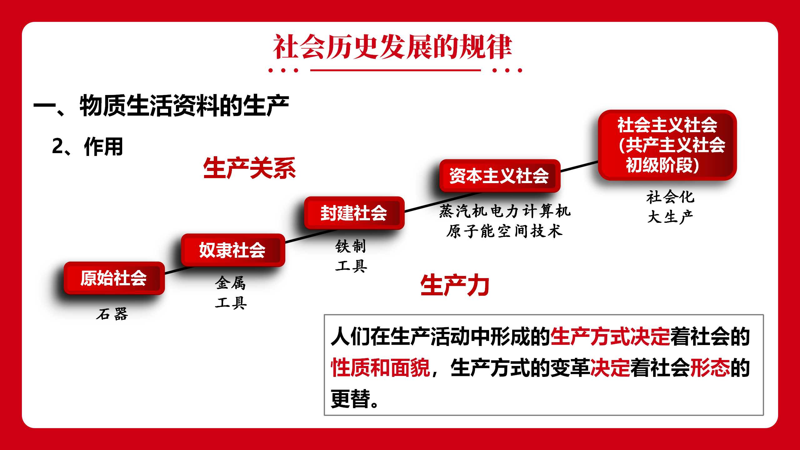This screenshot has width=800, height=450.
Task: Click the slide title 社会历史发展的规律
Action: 392,47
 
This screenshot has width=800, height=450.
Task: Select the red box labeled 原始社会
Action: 114,278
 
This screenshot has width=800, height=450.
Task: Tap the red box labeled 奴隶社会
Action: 233,250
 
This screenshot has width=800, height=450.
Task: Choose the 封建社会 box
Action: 354,213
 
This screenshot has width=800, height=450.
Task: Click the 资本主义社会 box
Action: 500,176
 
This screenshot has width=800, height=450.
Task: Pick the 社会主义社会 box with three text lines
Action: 667,145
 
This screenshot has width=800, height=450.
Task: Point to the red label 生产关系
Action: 249,168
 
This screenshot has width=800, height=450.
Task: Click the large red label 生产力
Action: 455,285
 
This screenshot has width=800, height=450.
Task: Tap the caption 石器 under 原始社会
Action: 112,314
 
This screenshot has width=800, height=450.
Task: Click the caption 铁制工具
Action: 351,256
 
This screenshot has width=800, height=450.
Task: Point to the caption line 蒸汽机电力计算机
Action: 505,211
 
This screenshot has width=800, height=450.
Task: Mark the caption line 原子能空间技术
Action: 504,231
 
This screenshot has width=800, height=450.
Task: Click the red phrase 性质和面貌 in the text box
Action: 381,367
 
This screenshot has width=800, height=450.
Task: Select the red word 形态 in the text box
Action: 710,367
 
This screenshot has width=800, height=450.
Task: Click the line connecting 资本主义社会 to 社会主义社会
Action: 579,166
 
